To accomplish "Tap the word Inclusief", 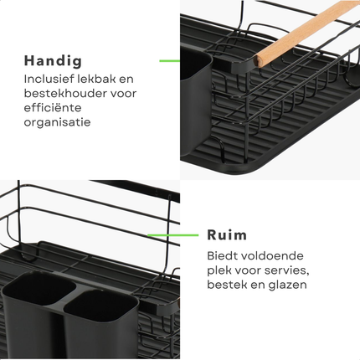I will point(52,80).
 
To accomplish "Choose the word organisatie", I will point(58,122).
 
